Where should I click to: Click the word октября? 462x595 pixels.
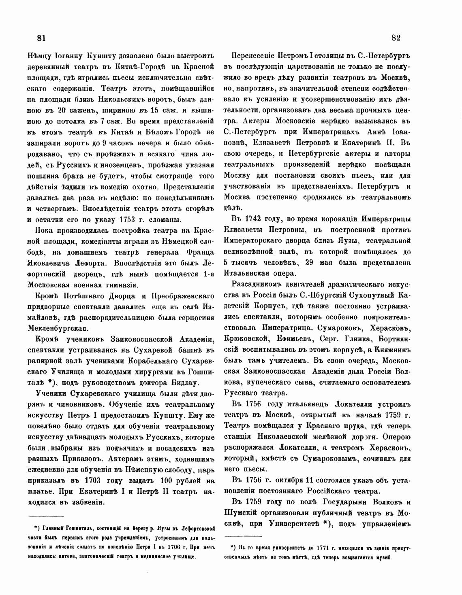tap(279, 480)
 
